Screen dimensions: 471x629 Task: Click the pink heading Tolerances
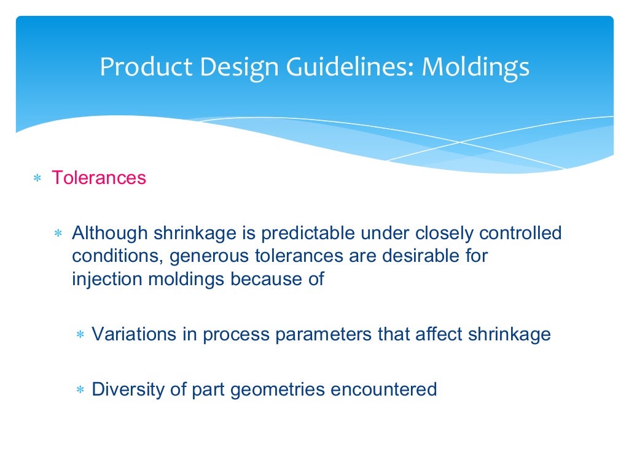(99, 178)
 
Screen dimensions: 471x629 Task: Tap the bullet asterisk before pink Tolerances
(37, 179)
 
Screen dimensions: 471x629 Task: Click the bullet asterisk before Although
(58, 234)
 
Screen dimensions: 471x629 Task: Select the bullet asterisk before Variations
(80, 335)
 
